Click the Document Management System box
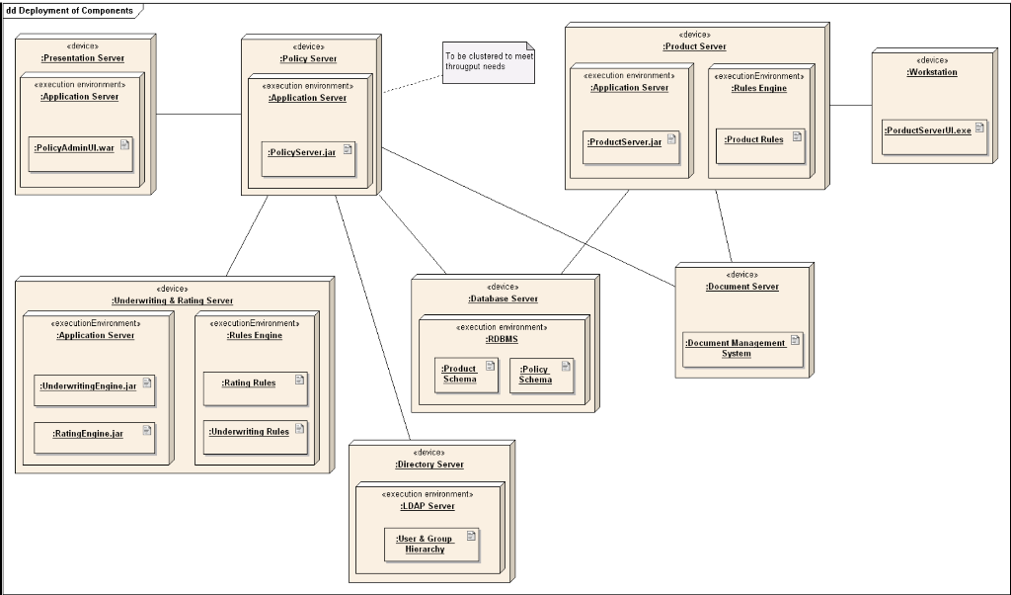741,349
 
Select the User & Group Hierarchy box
430,545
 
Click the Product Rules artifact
759,144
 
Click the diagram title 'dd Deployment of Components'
69,10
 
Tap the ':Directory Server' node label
429,465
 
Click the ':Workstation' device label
932,72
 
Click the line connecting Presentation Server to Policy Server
197,114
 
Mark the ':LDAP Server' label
428,506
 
